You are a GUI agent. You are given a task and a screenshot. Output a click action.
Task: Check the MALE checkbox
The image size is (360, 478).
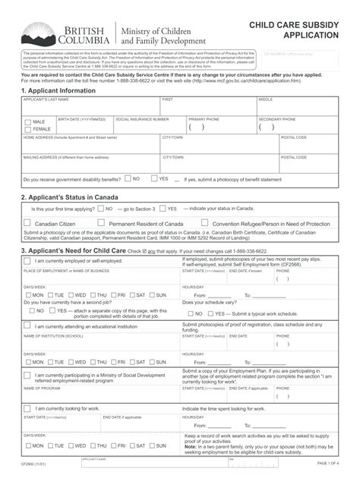point(28,121)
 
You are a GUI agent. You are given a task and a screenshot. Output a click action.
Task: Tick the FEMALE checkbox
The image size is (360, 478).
point(28,130)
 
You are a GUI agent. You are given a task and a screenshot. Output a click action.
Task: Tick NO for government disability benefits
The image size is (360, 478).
point(128,179)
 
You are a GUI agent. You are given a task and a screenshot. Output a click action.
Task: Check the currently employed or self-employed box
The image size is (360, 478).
point(28,261)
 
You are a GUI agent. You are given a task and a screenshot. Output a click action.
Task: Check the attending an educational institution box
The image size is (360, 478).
point(28,325)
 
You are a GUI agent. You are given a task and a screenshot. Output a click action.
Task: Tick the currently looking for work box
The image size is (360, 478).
point(28,408)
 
